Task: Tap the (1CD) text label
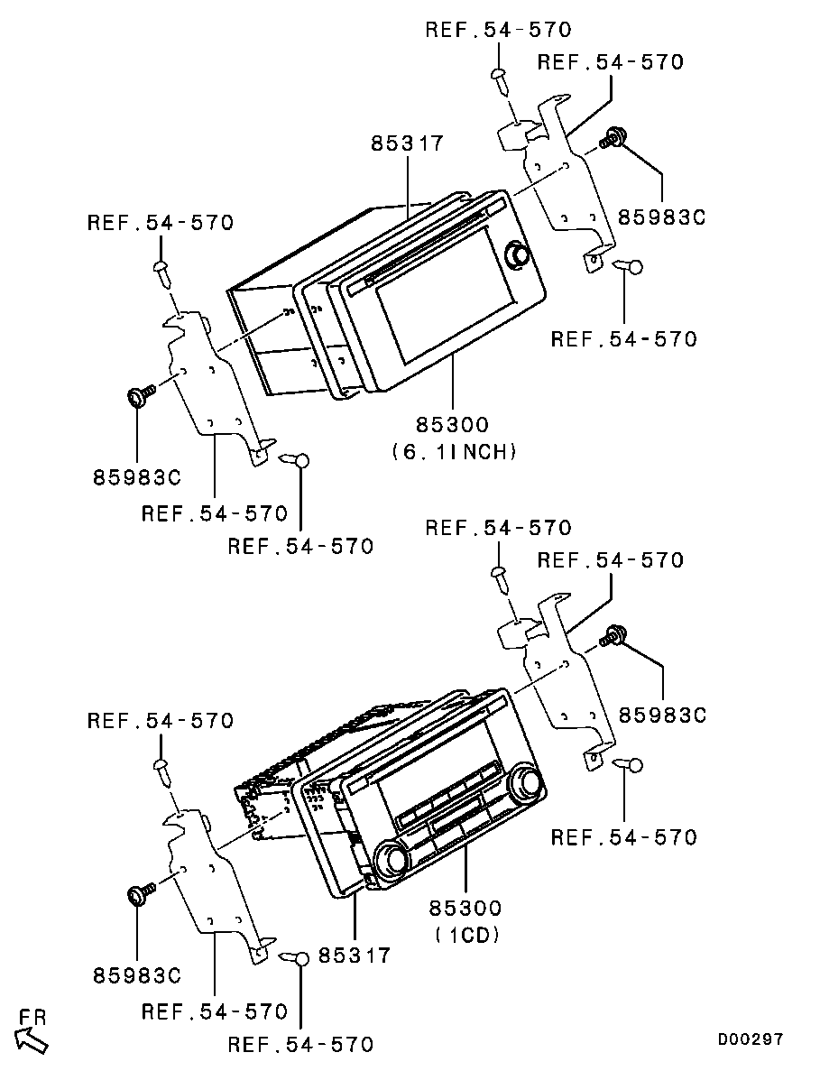467,935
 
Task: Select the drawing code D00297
750,1039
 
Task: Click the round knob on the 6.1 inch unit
515,254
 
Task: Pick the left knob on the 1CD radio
392,860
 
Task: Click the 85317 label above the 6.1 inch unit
408,143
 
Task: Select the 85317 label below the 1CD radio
355,955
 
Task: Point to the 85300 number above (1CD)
465,908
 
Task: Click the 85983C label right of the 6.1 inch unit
661,217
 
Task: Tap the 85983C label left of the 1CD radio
137,975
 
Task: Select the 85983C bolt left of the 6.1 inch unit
140,395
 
